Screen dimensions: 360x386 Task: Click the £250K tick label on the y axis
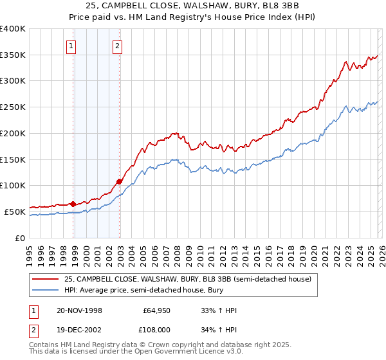12,107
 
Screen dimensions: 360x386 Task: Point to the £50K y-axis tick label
15,212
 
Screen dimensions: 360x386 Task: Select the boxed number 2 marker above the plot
118,46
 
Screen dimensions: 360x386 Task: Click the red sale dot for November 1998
73,204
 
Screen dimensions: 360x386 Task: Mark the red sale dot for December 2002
120,181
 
